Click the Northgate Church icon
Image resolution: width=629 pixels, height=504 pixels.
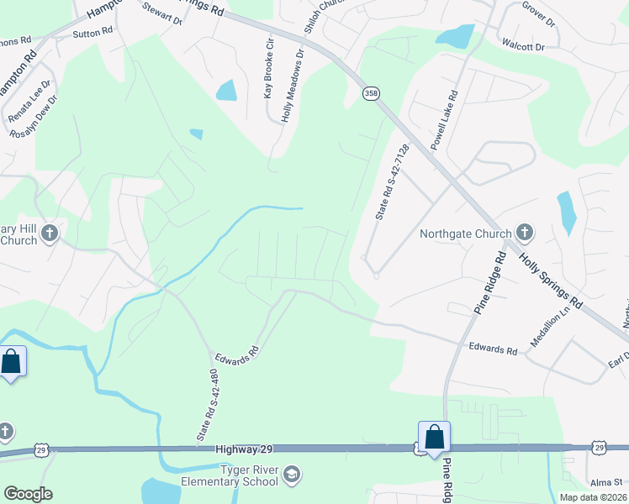click(525, 232)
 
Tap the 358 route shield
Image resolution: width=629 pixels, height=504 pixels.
click(371, 93)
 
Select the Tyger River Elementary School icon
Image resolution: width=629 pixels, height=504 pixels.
click(292, 475)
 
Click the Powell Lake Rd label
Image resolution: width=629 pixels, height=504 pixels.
click(444, 121)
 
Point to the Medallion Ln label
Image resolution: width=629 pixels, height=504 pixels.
click(550, 326)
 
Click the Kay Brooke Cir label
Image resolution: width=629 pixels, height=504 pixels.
click(270, 68)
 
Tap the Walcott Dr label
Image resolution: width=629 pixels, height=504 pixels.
click(522, 47)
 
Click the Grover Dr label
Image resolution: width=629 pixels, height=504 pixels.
click(539, 15)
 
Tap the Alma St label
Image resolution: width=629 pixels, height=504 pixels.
click(605, 483)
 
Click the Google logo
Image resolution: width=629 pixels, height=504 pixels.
click(28, 494)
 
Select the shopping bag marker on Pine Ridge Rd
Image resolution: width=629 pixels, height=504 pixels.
click(434, 438)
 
